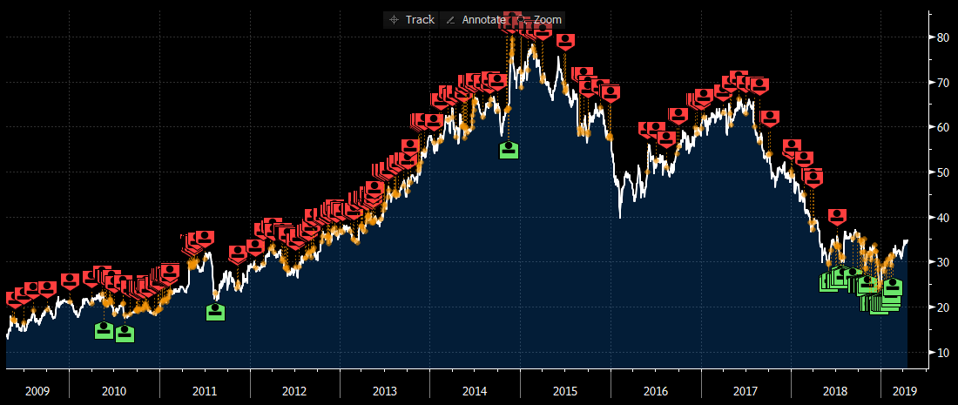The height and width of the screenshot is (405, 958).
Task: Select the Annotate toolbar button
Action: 474,19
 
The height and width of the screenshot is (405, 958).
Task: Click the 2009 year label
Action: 37,391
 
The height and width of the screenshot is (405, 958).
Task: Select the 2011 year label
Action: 205,391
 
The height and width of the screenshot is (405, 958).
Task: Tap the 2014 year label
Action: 475,391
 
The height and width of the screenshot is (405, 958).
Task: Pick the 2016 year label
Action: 655,391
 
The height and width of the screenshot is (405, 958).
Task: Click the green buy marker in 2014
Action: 509,150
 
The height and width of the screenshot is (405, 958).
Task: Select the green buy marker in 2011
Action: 215,311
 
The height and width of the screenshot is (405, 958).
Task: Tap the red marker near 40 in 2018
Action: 837,216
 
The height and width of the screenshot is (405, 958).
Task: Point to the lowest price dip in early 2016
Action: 620,217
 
